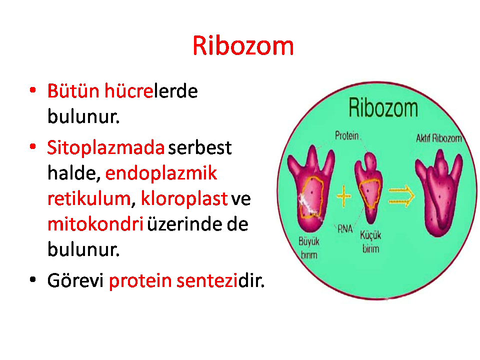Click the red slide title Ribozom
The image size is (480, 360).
tap(243, 45)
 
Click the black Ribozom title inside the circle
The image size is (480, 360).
tap(383, 107)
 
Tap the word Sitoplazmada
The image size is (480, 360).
tap(106, 148)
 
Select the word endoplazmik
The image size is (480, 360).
tap(161, 173)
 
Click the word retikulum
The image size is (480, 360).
tap(89, 198)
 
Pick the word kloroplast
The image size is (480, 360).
tap(184, 199)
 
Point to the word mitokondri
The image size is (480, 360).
tap(95, 224)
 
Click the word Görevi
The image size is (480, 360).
tap(75, 280)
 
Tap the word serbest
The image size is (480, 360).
tap(200, 147)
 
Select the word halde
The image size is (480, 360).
tap(73, 173)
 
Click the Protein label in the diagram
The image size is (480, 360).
tap(346, 135)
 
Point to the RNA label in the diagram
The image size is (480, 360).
tap(345, 228)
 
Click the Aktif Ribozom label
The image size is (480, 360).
tap(438, 138)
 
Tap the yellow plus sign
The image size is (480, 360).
tap(343, 195)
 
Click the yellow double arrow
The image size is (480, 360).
tap(401, 195)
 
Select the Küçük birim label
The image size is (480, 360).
tap(370, 242)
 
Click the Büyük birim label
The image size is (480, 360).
tap(309, 248)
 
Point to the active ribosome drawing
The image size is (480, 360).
tap(438, 193)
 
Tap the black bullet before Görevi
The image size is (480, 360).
tap(33, 279)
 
